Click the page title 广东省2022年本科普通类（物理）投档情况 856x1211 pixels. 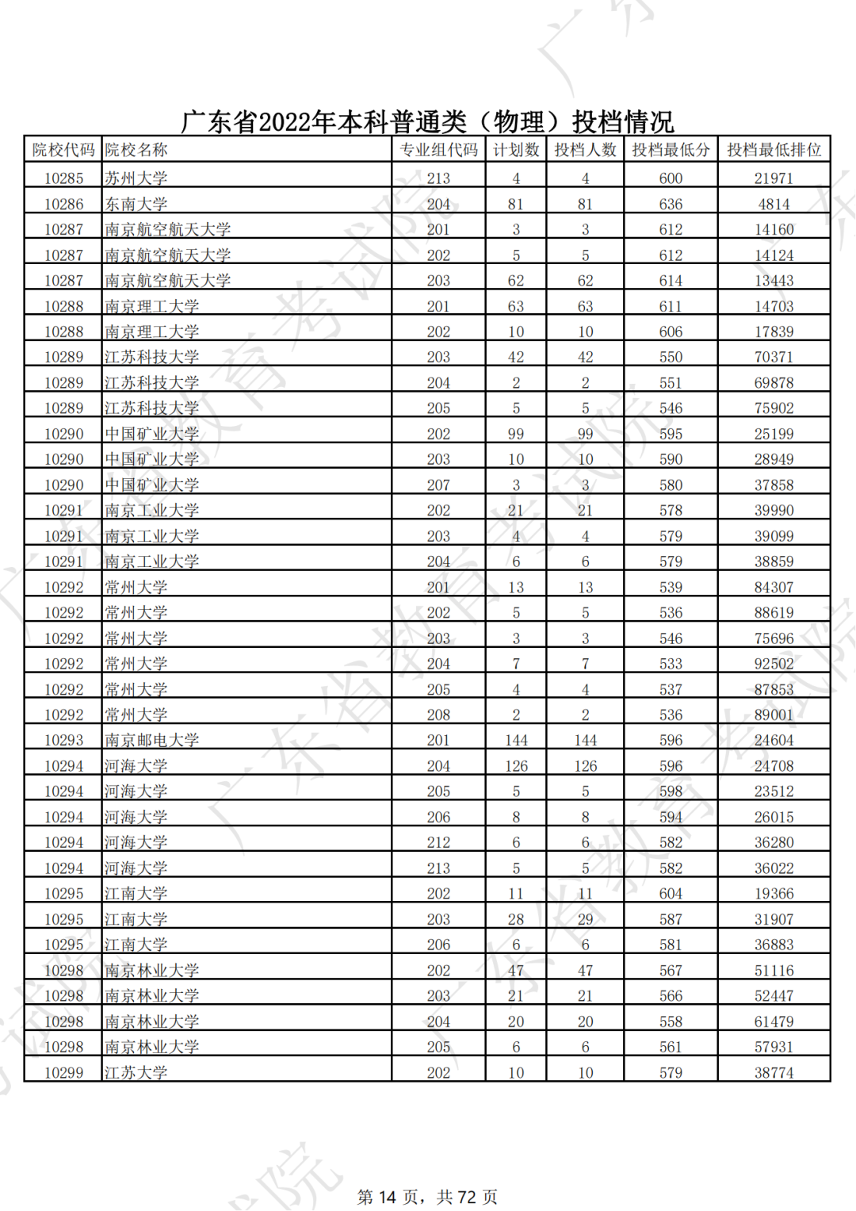pos(427,121)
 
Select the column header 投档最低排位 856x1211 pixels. pos(774,150)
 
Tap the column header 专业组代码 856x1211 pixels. pos(438,150)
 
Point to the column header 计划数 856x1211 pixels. pos(516,150)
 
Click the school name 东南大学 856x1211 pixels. pos(136,204)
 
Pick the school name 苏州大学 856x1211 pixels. pos(136,178)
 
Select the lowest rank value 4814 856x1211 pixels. pos(774,204)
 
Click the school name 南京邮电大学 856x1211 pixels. pos(152,740)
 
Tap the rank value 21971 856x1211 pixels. pos(774,178)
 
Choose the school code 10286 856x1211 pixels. pos(63,204)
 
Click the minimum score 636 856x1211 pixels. pos(671,204)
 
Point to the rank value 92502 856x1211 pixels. pos(774,664)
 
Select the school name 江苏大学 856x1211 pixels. pos(136,1072)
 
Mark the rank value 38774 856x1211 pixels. pos(774,1072)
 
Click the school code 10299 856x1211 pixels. pos(63,1072)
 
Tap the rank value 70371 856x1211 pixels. pos(774,357)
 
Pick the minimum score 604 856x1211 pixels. pos(671,894)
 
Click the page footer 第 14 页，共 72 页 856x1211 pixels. pos(427,1197)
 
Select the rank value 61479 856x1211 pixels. pos(774,1021)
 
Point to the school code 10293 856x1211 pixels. pos(63,740)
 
